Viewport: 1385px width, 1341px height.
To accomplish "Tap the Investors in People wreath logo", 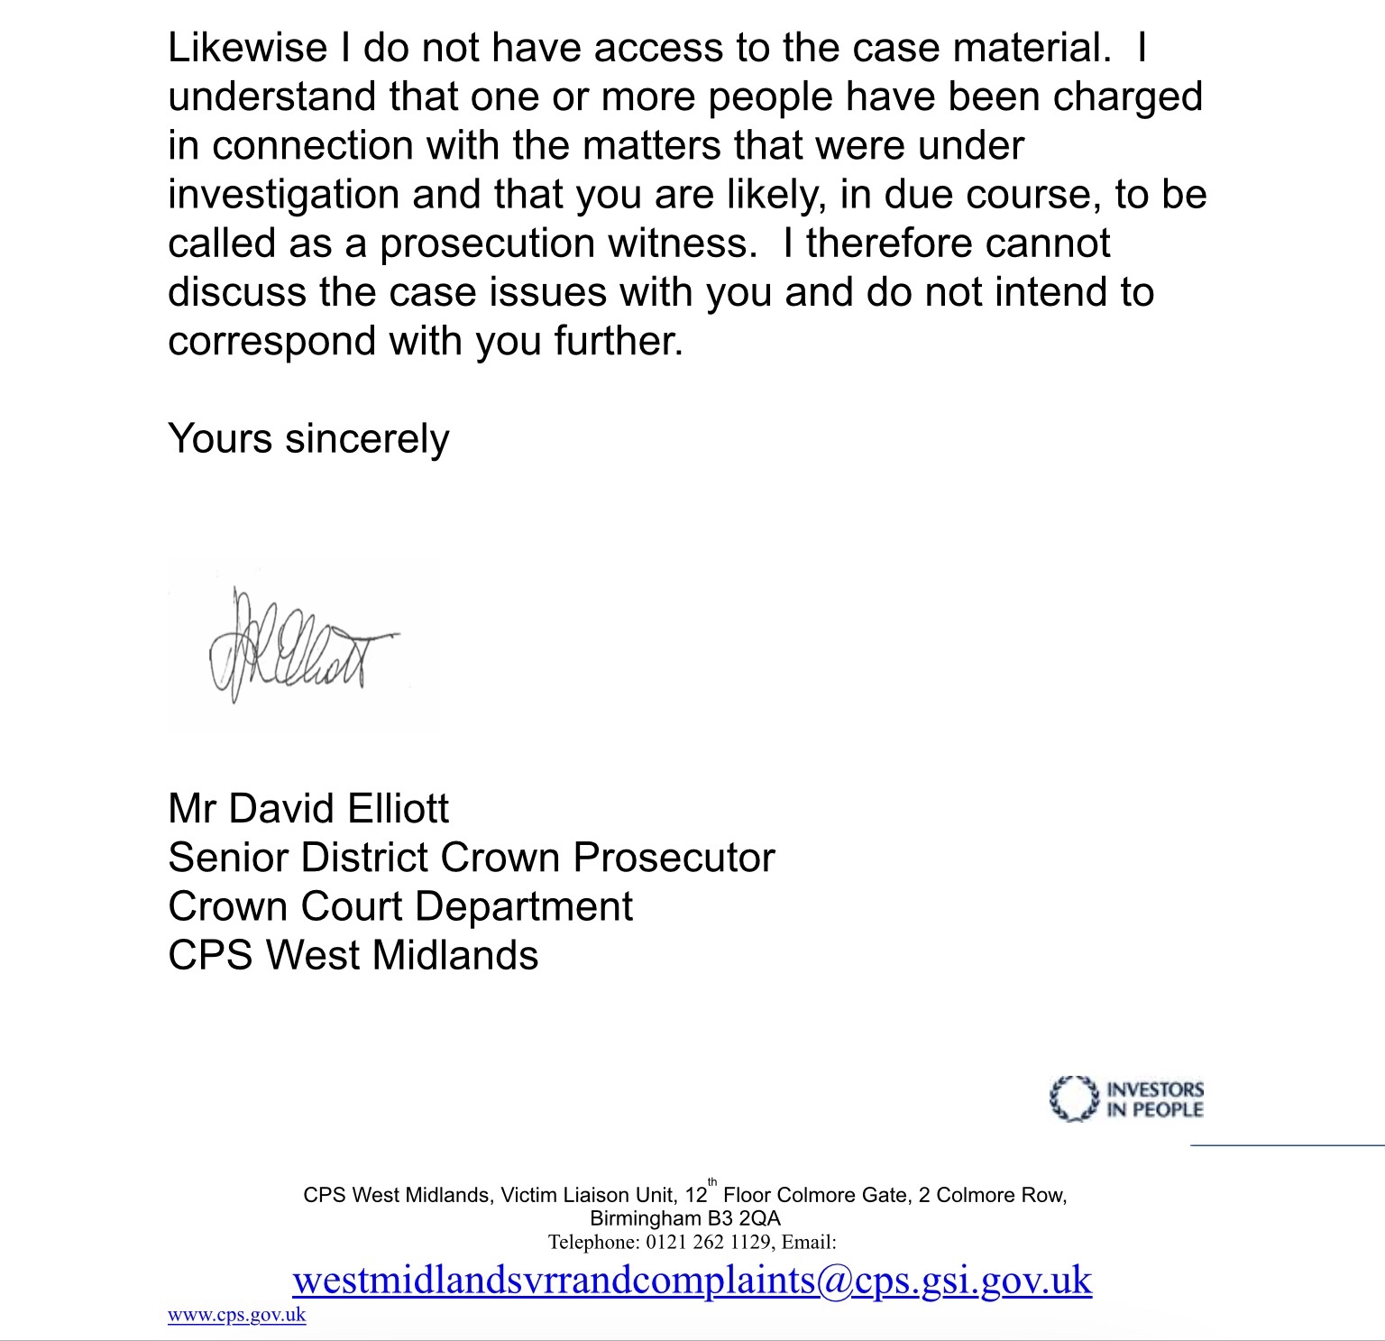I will pyautogui.click(x=1073, y=1098).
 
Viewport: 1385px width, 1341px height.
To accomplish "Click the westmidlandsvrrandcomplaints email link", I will pyautogui.click(x=692, y=1280).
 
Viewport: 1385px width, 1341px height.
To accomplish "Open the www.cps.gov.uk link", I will pyautogui.click(x=236, y=1315).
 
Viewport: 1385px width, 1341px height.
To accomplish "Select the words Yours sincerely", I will pyautogui.click(x=308, y=439).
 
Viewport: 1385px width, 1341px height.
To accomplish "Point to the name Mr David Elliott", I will pyautogui.click(x=307, y=809).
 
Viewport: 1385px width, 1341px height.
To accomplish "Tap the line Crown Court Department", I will pyautogui.click(x=399, y=906).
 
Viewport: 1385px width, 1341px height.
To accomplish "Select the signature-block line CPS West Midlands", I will pyautogui.click(x=353, y=955).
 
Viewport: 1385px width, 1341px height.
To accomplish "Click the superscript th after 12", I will pyautogui.click(x=712, y=1182).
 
